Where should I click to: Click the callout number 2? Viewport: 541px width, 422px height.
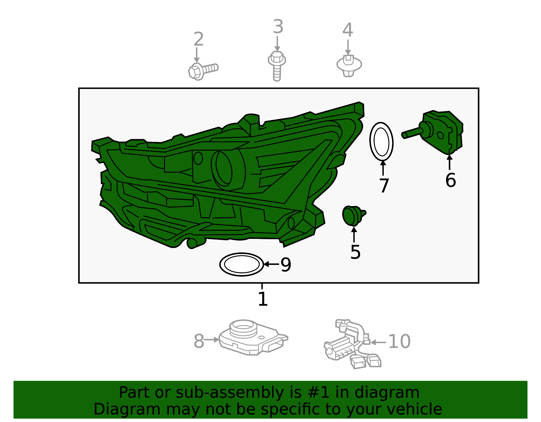tap(199, 39)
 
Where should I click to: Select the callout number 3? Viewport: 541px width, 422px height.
tap(278, 27)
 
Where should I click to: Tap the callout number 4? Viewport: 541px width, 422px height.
tap(348, 30)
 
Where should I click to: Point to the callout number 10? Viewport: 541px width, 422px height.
tap(399, 342)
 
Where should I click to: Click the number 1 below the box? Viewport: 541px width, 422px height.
tap(263, 299)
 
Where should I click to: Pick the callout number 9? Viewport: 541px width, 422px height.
tap(286, 265)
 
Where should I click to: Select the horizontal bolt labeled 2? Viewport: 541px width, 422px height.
tap(203, 71)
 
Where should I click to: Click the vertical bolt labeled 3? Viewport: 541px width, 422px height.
tap(277, 66)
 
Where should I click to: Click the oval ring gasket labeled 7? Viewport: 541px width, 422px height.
tap(370, 142)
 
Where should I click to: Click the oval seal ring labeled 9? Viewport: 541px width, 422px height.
tap(220, 264)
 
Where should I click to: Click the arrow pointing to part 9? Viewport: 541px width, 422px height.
tap(272, 264)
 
